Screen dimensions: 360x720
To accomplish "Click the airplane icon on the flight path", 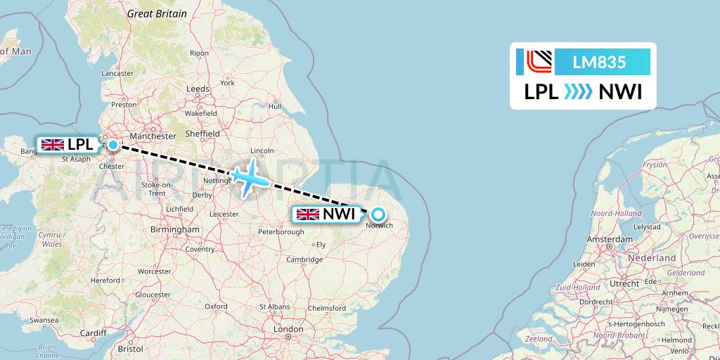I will [248, 176].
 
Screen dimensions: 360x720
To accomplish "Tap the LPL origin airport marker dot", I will [112, 145].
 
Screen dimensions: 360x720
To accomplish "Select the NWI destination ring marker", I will [378, 214].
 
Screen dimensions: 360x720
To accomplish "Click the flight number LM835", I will [599, 63].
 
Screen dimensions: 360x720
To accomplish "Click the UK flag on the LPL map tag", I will [53, 145].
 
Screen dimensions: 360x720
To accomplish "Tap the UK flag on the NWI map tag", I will [308, 214].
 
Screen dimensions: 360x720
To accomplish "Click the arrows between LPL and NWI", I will [578, 92].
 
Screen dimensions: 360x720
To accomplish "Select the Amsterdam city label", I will [610, 240].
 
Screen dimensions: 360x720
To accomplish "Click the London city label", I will [288, 329].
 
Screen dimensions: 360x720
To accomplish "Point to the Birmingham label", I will [175, 229].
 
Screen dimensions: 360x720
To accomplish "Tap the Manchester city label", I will [153, 136].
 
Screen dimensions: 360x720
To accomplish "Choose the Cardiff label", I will [93, 333].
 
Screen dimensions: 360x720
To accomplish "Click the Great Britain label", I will [157, 13].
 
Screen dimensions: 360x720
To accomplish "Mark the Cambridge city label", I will [304, 259].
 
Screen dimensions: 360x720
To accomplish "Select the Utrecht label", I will [624, 283].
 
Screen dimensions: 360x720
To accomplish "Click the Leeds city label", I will [198, 89].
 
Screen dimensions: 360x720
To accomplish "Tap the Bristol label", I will [130, 348].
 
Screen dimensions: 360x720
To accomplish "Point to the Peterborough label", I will [280, 231].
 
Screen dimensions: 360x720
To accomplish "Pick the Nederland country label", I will [652, 258].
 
